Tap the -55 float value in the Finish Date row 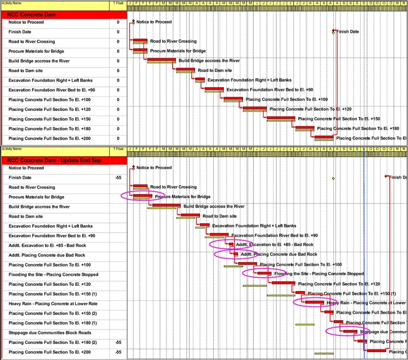tap(118, 178)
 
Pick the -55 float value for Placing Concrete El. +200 tap(118, 352)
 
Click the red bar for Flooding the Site tap(265, 273)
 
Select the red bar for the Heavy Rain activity tap(315, 302)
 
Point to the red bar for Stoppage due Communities tap(350, 331)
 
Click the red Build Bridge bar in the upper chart tap(161, 60)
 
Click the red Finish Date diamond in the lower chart tap(386, 176)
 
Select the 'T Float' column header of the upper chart tap(118, 3)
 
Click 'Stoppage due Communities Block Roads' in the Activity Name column tap(50, 333)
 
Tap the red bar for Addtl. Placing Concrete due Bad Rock tap(236, 254)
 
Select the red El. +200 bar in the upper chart tap(324, 137)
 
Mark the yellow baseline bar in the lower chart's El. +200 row tap(324, 354)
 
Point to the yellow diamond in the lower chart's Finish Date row tap(333, 178)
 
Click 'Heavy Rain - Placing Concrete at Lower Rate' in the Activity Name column tap(53, 304)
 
